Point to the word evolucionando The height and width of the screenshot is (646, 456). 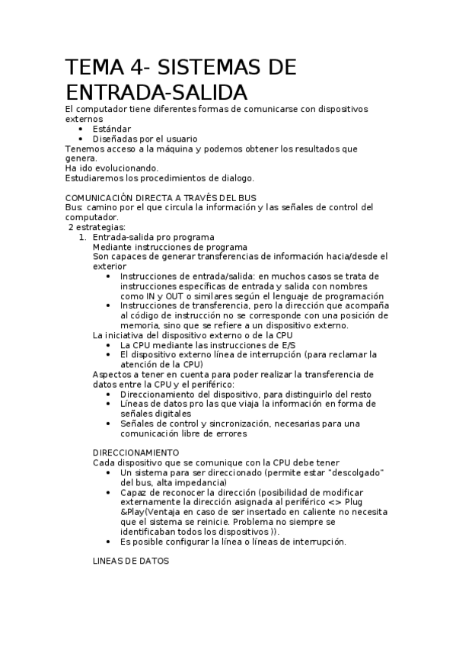(121, 168)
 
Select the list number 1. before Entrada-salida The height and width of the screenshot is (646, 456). (83, 237)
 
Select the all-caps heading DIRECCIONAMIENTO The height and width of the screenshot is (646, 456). (136, 453)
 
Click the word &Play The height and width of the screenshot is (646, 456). (135, 512)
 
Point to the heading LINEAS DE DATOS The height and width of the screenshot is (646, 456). (130, 561)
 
